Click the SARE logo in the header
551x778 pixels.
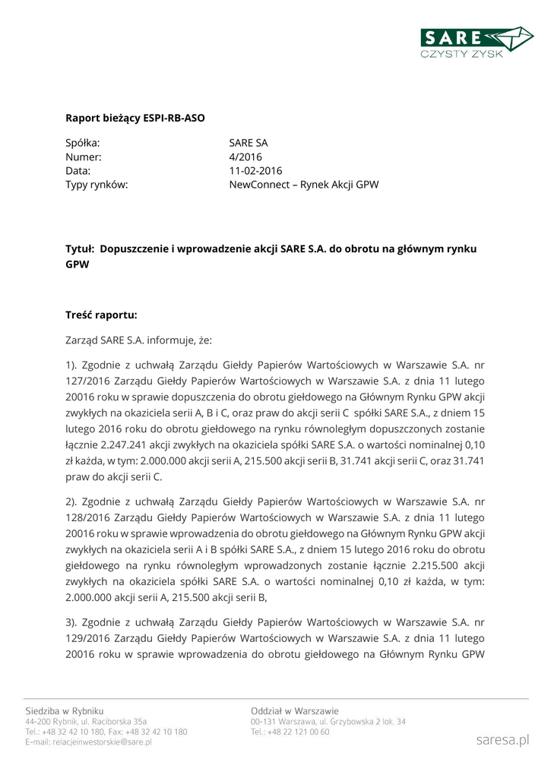click(x=478, y=42)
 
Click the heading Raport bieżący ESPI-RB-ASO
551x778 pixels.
click(x=135, y=118)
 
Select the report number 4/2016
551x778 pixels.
click(x=245, y=157)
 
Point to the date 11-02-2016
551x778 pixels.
click(x=255, y=170)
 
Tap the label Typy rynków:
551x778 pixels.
click(x=97, y=185)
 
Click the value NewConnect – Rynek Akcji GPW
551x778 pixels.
click(x=303, y=185)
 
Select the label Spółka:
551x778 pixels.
click(x=83, y=142)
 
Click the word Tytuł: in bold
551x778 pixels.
click(x=79, y=248)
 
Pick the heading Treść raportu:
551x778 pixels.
click(x=101, y=314)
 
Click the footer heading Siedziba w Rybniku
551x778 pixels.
click(x=65, y=710)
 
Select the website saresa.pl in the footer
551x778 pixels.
click(x=502, y=739)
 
